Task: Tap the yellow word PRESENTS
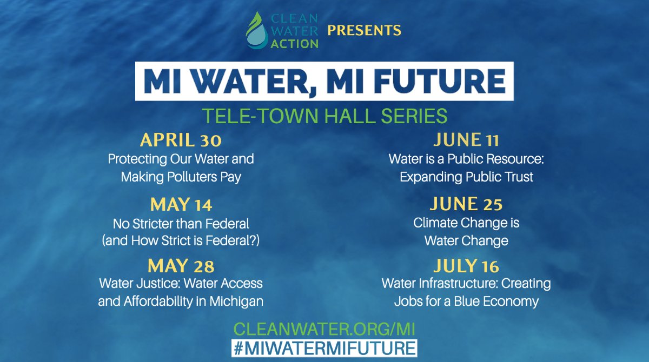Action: click(364, 30)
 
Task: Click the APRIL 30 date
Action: click(181, 141)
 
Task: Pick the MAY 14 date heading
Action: click(181, 205)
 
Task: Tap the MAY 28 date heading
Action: click(181, 266)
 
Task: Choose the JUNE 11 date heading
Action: click(466, 141)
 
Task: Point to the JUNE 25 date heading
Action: click(466, 205)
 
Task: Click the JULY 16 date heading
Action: click(466, 266)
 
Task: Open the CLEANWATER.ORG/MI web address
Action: click(325, 328)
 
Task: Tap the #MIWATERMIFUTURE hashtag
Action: click(325, 347)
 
